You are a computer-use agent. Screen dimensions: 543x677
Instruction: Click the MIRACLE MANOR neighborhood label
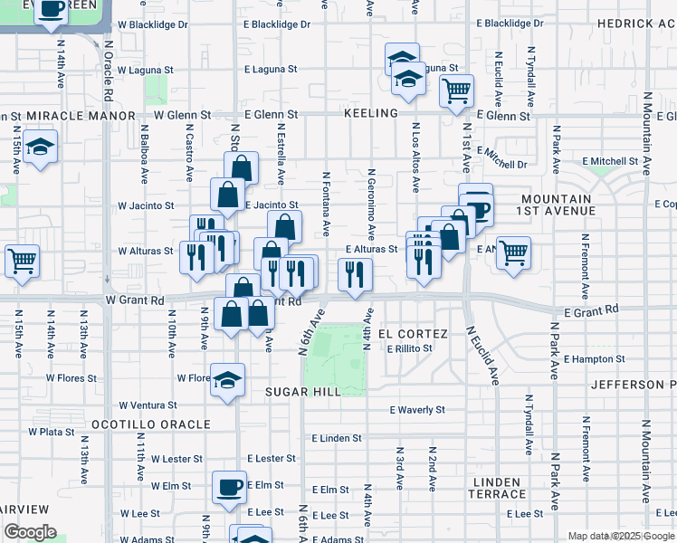[81, 117]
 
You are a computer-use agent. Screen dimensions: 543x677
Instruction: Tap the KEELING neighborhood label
[371, 113]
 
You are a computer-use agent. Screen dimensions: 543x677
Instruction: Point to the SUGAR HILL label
[303, 391]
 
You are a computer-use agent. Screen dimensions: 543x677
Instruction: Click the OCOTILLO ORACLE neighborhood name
[150, 424]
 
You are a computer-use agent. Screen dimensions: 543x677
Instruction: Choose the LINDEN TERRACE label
[497, 489]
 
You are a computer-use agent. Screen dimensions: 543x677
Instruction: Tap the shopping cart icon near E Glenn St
[456, 90]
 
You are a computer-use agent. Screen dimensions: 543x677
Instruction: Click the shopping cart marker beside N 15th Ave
[22, 261]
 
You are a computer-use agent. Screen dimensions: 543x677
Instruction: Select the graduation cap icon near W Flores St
[228, 379]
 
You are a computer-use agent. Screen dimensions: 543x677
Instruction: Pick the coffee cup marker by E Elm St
[228, 486]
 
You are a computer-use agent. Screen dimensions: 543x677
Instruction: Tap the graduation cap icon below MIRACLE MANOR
[40, 148]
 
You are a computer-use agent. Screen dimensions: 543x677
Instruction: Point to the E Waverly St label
[417, 410]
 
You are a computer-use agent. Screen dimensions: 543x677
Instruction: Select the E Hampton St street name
[594, 359]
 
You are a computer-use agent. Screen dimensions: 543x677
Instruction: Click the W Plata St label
[51, 433]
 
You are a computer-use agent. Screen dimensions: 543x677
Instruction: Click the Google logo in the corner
[29, 532]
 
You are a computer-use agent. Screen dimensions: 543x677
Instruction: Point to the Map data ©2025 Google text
[619, 536]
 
